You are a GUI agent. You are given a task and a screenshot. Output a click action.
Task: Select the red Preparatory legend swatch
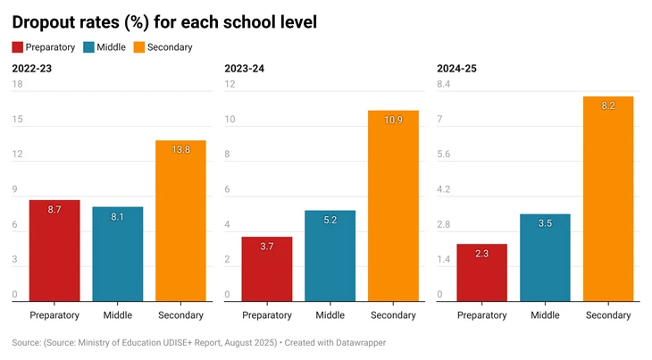[18, 47]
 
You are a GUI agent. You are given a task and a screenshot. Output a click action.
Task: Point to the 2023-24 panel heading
[244, 69]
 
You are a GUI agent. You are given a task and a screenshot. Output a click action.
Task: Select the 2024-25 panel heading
[456, 69]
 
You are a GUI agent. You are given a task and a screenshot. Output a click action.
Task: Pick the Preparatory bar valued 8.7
[54, 250]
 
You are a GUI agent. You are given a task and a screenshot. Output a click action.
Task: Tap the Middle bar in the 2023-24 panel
[330, 255]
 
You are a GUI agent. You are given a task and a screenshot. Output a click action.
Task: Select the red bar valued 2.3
[481, 272]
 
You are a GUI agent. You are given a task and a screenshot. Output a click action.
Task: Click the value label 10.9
[393, 120]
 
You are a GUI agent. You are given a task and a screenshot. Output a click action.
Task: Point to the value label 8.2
[608, 105]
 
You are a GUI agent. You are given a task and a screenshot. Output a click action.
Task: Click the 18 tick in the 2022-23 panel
[17, 85]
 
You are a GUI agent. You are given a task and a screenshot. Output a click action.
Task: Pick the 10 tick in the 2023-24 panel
[230, 120]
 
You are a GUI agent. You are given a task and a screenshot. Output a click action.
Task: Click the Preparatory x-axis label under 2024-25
[482, 315]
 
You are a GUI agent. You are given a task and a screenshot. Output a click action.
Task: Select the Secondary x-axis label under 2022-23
[180, 315]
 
